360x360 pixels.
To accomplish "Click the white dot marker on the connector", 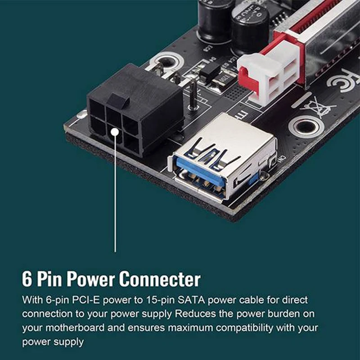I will click(x=116, y=131).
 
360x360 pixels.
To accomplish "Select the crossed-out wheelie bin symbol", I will click(x=319, y=108).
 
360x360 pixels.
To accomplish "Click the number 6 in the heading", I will click(x=27, y=279).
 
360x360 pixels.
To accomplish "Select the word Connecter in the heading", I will click(x=159, y=279).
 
